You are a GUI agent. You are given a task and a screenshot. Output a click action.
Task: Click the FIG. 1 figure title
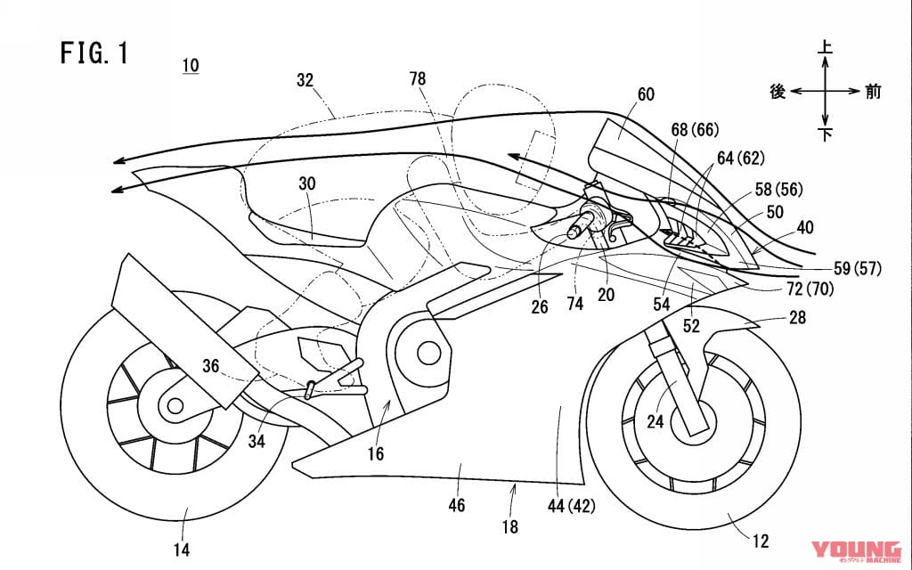click(95, 53)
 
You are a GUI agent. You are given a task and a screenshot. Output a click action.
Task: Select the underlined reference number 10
click(191, 65)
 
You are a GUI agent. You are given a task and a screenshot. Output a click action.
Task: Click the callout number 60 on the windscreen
click(646, 93)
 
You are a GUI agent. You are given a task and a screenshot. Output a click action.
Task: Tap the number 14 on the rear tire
click(181, 550)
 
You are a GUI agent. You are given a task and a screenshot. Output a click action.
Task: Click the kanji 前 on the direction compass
click(873, 92)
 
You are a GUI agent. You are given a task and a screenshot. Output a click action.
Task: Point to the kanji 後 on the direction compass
click(778, 92)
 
